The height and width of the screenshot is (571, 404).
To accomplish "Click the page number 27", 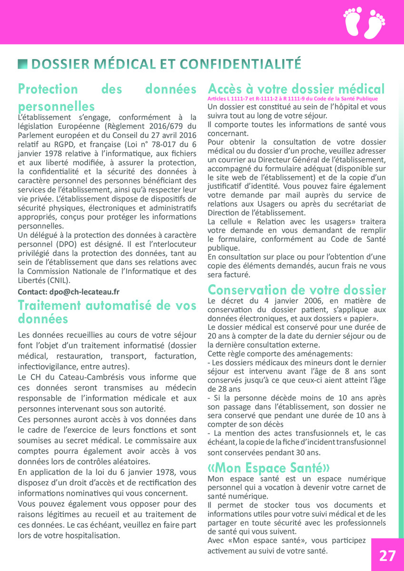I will (x=387, y=555).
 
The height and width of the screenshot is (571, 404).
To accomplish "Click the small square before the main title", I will (x=21, y=63).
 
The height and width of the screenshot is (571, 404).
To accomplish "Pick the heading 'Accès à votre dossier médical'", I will (x=296, y=89).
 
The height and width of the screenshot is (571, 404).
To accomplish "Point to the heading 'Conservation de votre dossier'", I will (x=297, y=290).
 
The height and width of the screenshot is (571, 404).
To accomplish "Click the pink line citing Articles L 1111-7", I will (x=293, y=98).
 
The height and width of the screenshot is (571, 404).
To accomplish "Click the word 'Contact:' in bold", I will (x=32, y=292).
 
